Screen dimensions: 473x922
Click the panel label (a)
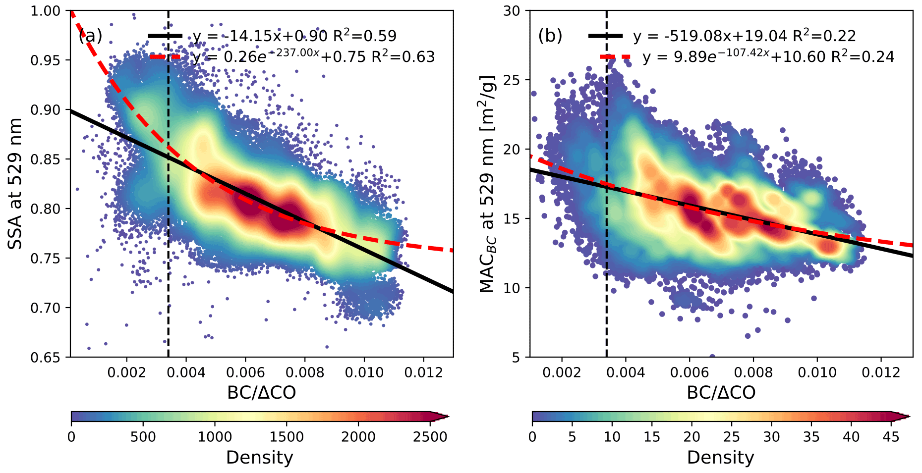click(90, 36)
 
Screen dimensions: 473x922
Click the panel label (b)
click(550, 36)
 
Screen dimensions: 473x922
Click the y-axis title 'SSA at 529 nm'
click(15, 184)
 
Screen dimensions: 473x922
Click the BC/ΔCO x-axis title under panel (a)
click(261, 393)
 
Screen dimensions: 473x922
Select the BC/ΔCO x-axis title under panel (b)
click(721, 393)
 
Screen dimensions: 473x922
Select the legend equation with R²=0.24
click(768, 57)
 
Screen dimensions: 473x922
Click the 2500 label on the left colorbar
click(430, 437)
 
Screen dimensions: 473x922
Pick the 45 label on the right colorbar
click(891, 437)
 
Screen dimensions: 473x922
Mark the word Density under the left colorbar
click(260, 458)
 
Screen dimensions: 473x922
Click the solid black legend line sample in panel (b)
click(605, 36)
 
